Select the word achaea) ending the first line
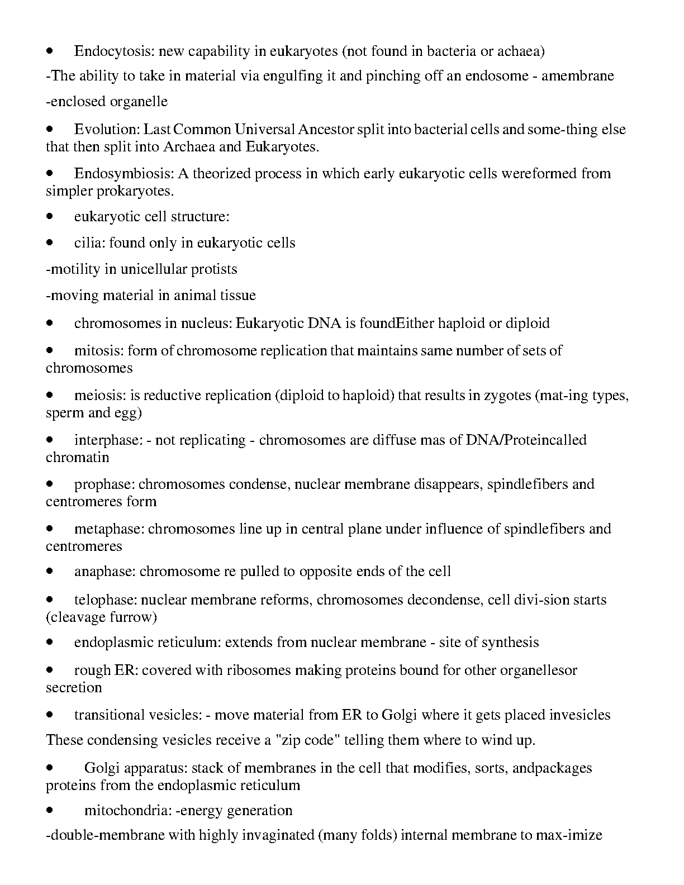coord(521,51)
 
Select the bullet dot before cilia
coord(50,243)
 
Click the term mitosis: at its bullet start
coord(98,351)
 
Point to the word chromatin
coord(78,458)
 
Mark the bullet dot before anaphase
coord(50,572)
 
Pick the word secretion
coord(74,688)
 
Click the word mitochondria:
coord(127,811)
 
